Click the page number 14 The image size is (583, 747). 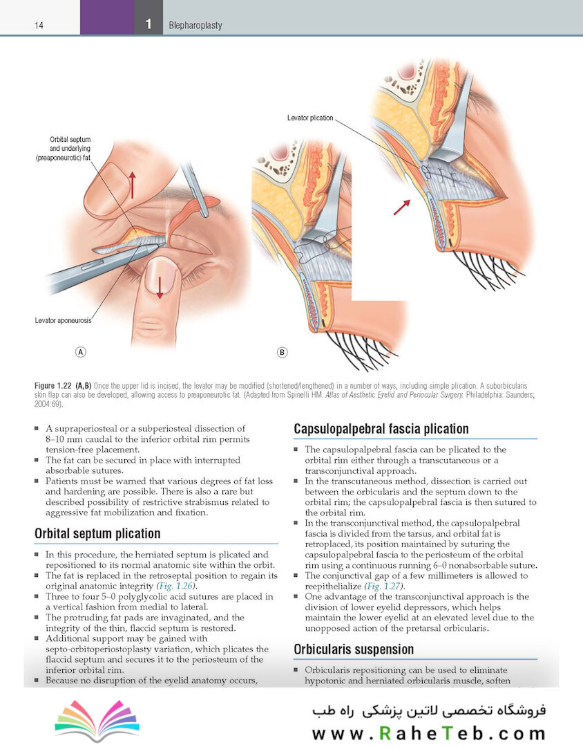pyautogui.click(x=39, y=26)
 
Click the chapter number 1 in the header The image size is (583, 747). pyautogui.click(x=149, y=24)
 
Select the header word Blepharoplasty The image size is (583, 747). pyautogui.click(x=195, y=26)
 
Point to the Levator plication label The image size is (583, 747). pyautogui.click(x=310, y=118)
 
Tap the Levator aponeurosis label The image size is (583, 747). pyautogui.click(x=63, y=321)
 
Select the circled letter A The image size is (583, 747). pyautogui.click(x=80, y=352)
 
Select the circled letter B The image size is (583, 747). pyautogui.click(x=282, y=353)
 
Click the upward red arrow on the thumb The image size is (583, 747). pyautogui.click(x=133, y=185)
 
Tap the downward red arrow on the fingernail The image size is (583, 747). pyautogui.click(x=160, y=287)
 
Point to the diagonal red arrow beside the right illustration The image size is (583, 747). pyautogui.click(x=401, y=207)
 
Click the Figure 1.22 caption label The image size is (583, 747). pyautogui.click(x=52, y=386)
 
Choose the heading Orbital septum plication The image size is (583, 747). pyautogui.click(x=97, y=533)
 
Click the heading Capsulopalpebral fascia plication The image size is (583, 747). pyautogui.click(x=381, y=429)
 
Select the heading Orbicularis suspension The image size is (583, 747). pyautogui.click(x=354, y=649)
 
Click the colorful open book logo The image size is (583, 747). pyautogui.click(x=97, y=720)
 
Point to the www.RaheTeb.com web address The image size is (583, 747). pyautogui.click(x=429, y=732)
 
